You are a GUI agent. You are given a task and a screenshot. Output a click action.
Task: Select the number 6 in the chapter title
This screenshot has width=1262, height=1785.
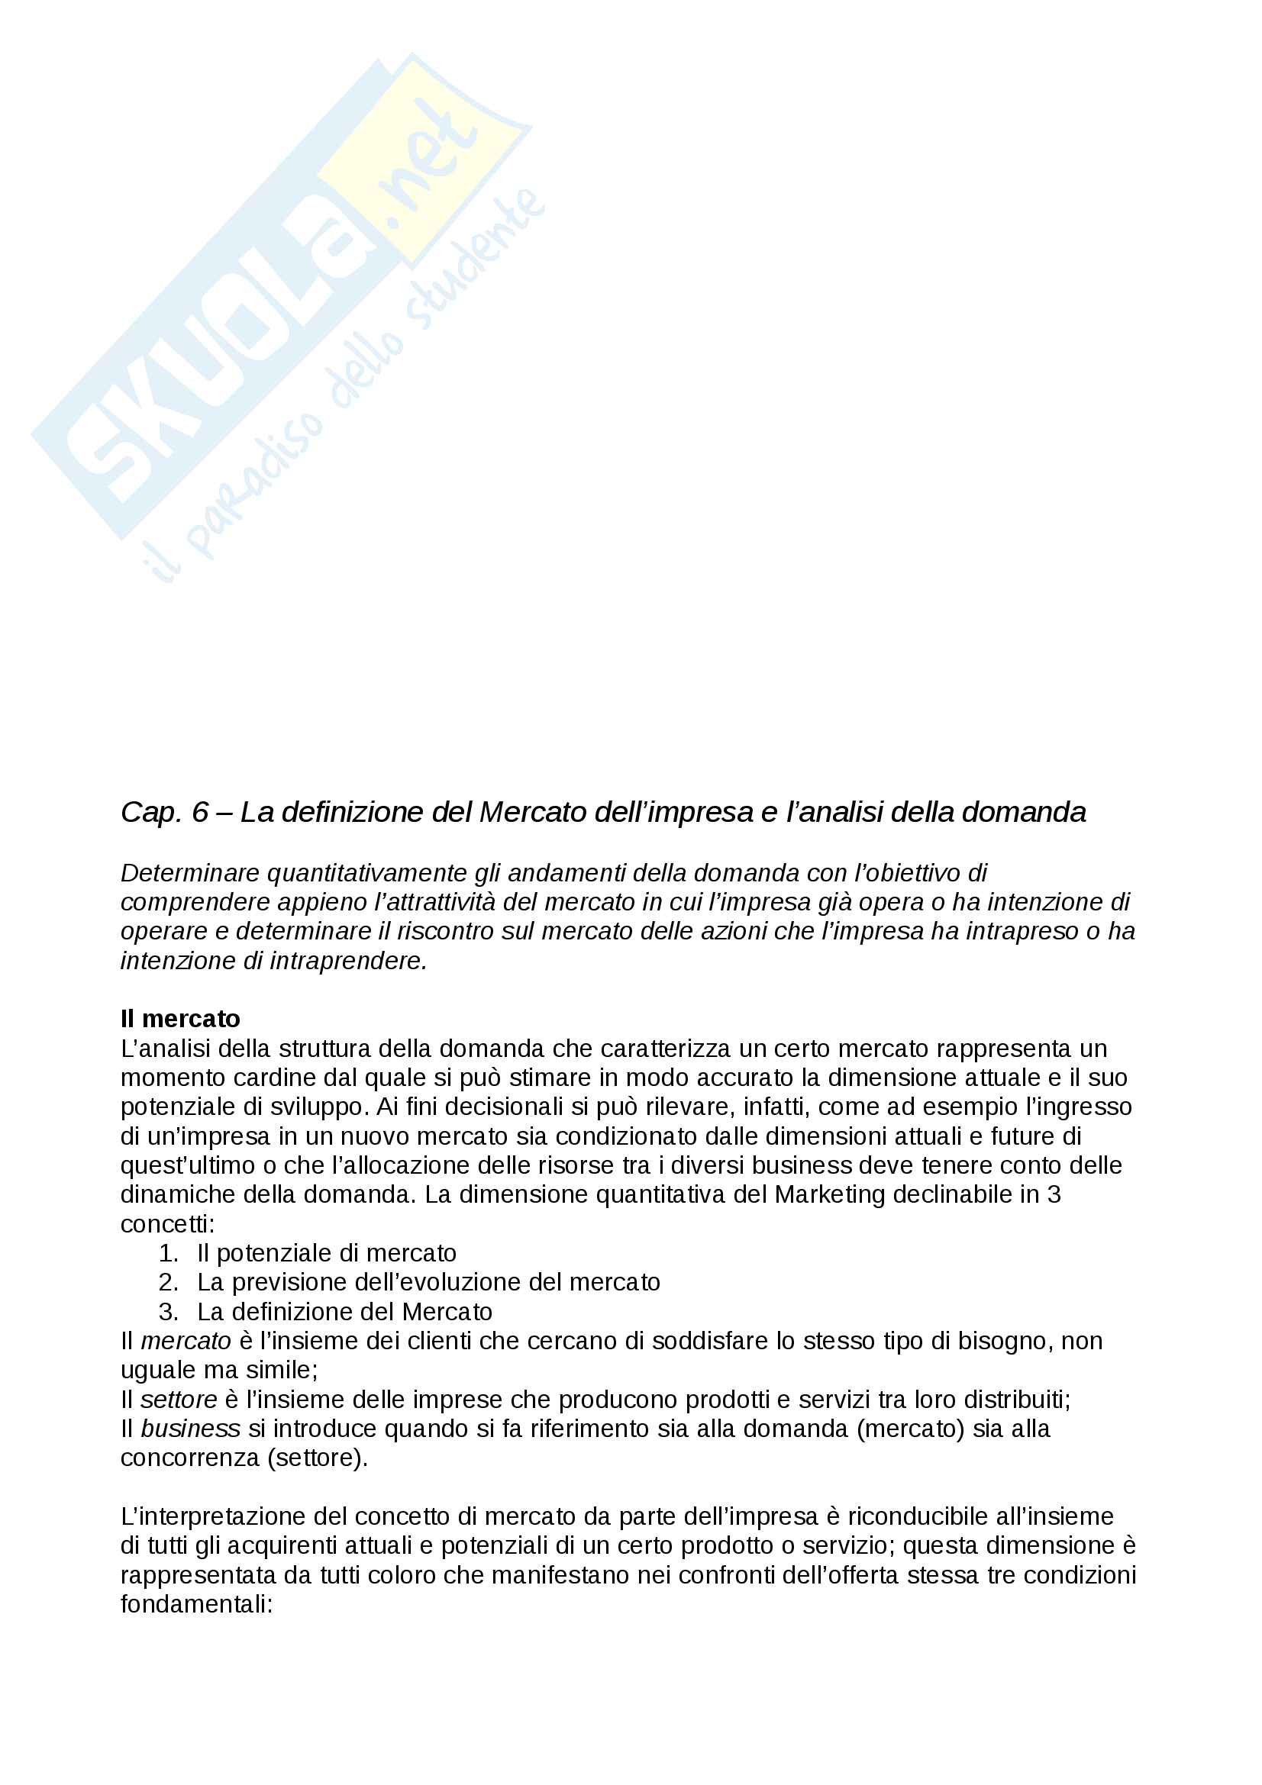click(x=201, y=813)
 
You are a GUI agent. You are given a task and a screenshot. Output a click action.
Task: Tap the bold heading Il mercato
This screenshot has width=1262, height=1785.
click(x=180, y=1019)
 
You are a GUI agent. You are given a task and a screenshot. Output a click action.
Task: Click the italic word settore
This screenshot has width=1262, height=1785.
click(x=179, y=1400)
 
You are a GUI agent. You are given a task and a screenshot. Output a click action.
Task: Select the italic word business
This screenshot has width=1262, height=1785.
click(x=191, y=1428)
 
